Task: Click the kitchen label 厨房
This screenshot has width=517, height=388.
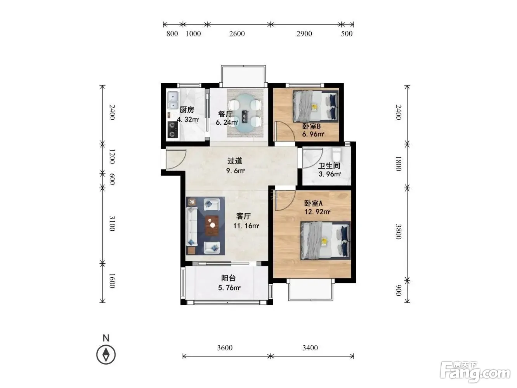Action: tap(187, 110)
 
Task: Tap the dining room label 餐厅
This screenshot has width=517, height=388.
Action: tap(226, 114)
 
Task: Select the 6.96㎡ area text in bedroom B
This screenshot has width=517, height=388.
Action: tap(313, 134)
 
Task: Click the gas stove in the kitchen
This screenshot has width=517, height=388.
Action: tap(173, 130)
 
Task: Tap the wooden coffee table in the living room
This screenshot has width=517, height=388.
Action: tap(212, 226)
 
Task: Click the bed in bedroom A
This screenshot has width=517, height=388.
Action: tap(325, 240)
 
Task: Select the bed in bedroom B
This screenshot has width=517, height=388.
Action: tap(316, 106)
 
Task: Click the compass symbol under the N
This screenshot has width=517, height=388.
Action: tap(106, 355)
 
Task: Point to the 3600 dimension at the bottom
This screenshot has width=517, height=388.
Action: tap(225, 348)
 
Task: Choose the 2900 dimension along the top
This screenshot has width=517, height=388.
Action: tap(304, 34)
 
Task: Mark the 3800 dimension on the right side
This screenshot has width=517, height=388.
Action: tap(398, 232)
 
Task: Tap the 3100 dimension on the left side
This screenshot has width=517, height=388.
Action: tap(112, 223)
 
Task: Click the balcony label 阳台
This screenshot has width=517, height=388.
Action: tap(228, 278)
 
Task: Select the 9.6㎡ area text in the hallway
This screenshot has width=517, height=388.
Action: tap(236, 171)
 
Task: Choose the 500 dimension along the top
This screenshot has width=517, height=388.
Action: tap(347, 34)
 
